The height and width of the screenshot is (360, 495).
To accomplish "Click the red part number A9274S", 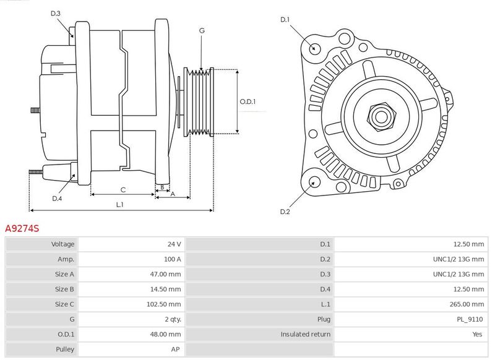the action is tap(22, 228).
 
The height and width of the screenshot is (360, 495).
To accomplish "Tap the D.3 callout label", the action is tap(56, 13).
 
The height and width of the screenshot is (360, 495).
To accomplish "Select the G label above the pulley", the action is tap(202, 30).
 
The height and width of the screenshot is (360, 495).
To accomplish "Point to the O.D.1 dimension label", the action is tap(248, 101).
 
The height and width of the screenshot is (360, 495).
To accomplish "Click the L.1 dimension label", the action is tap(119, 205).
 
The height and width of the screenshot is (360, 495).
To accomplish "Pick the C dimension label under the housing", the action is tap(123, 190).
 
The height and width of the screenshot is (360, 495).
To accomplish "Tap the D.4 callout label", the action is tap(57, 199).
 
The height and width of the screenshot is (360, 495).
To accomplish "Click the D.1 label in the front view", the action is tap(285, 20).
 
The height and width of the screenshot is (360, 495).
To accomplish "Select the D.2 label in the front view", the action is tap(285, 212).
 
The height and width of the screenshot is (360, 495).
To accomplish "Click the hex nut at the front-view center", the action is tap(381, 116).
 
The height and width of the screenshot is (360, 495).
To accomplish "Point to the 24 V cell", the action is tap(174, 244).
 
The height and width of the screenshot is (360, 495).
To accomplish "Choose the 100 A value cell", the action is tap(173, 259).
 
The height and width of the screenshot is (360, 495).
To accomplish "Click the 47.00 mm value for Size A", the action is tap(165, 274).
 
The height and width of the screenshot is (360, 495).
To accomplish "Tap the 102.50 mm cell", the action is tap(164, 304).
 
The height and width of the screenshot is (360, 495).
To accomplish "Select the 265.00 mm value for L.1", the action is tap(467, 304).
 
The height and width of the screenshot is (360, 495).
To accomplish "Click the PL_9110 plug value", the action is tap(470, 320).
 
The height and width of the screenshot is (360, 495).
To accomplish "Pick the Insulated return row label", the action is tap(306, 335).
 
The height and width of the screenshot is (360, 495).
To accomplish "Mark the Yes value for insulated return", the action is tap(477, 335).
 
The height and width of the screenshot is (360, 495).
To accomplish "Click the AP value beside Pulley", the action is tap(176, 349).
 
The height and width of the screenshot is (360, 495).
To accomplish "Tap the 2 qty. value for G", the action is tap(173, 320).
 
